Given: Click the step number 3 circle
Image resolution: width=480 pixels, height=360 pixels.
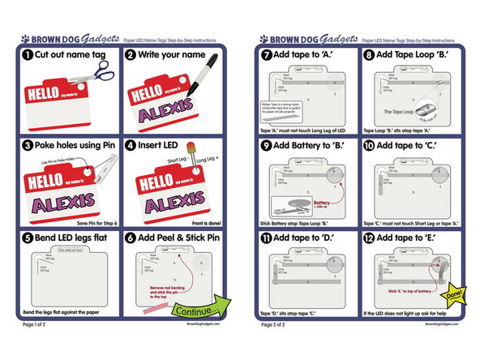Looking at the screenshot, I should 27,146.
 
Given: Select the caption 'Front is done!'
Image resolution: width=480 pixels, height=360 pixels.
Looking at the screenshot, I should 203,223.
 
